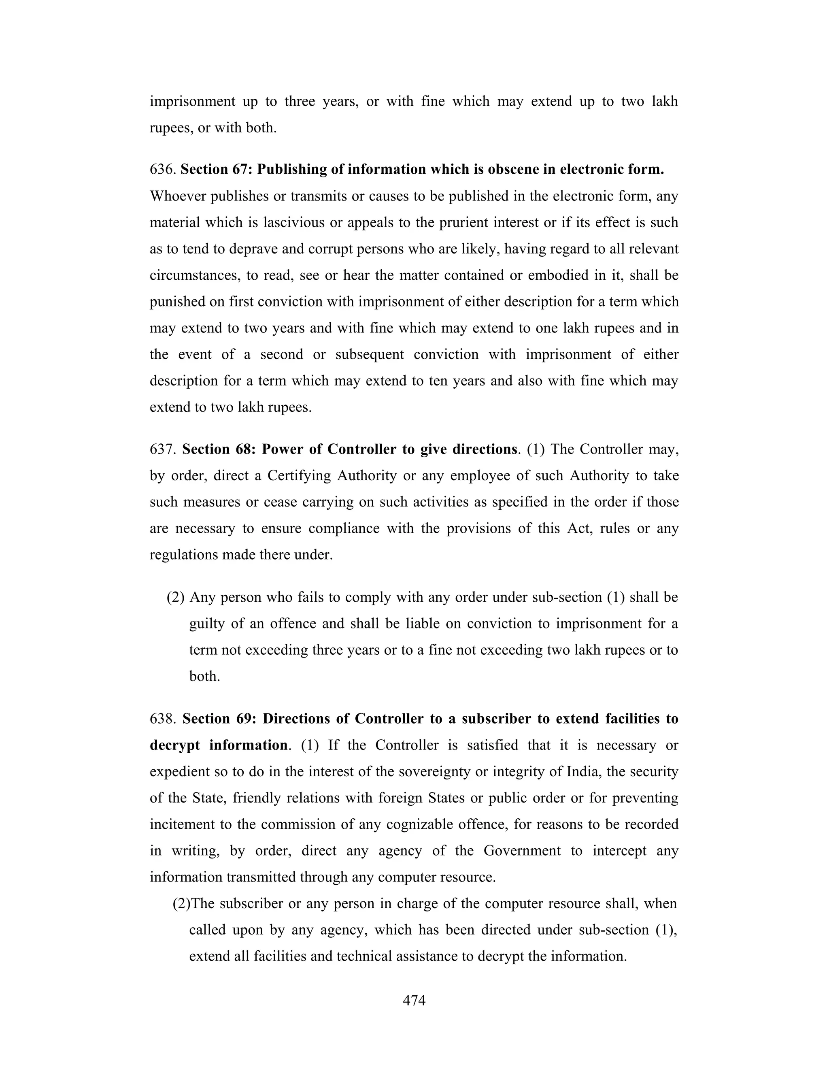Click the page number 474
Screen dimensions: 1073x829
click(414, 1000)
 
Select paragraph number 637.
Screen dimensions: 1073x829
click(163, 449)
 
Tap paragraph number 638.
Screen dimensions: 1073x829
click(163, 719)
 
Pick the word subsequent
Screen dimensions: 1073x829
click(369, 355)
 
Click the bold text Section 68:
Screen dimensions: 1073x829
click(219, 449)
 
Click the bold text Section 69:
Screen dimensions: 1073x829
click(219, 719)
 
